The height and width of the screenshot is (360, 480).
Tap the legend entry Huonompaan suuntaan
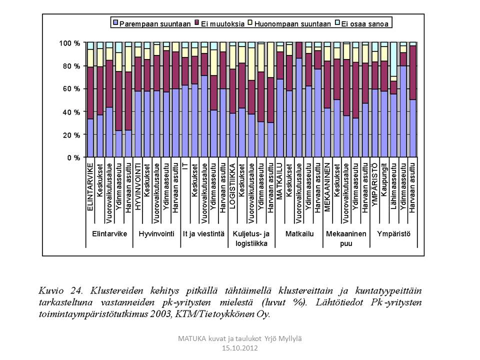[289, 23]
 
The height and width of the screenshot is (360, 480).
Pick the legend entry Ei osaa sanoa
[365, 23]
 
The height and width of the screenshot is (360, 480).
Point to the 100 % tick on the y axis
[69, 43]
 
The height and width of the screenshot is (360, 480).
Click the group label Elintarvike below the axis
[109, 233]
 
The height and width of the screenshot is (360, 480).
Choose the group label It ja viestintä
[203, 233]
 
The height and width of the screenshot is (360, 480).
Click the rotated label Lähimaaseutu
[393, 185]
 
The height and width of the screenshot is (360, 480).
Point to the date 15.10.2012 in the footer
[239, 348]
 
